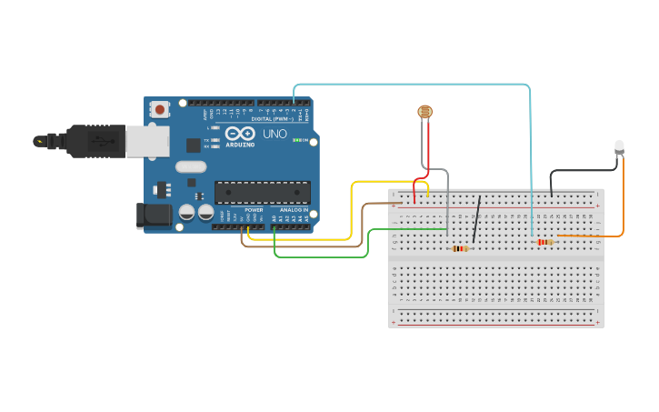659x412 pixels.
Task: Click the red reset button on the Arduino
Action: [x=161, y=109]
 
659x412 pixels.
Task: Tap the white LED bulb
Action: [x=619, y=146]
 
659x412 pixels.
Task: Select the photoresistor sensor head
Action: [x=424, y=112]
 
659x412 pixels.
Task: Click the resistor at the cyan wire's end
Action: [x=545, y=242]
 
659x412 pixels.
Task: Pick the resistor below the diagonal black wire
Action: [x=460, y=248]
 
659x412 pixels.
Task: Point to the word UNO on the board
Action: [x=275, y=134]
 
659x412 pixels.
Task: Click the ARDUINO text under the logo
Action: [x=240, y=145]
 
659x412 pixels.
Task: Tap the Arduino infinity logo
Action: [x=241, y=134]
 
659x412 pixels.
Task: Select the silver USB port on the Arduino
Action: [x=145, y=140]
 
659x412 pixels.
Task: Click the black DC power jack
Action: [x=152, y=216]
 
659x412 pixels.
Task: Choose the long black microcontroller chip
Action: [x=262, y=192]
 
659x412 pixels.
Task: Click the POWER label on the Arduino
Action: [x=254, y=210]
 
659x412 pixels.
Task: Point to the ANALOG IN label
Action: [x=293, y=210]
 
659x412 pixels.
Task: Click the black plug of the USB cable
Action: [x=95, y=140]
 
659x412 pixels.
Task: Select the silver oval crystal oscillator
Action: [x=191, y=166]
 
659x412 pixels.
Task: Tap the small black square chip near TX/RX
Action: [x=194, y=145]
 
